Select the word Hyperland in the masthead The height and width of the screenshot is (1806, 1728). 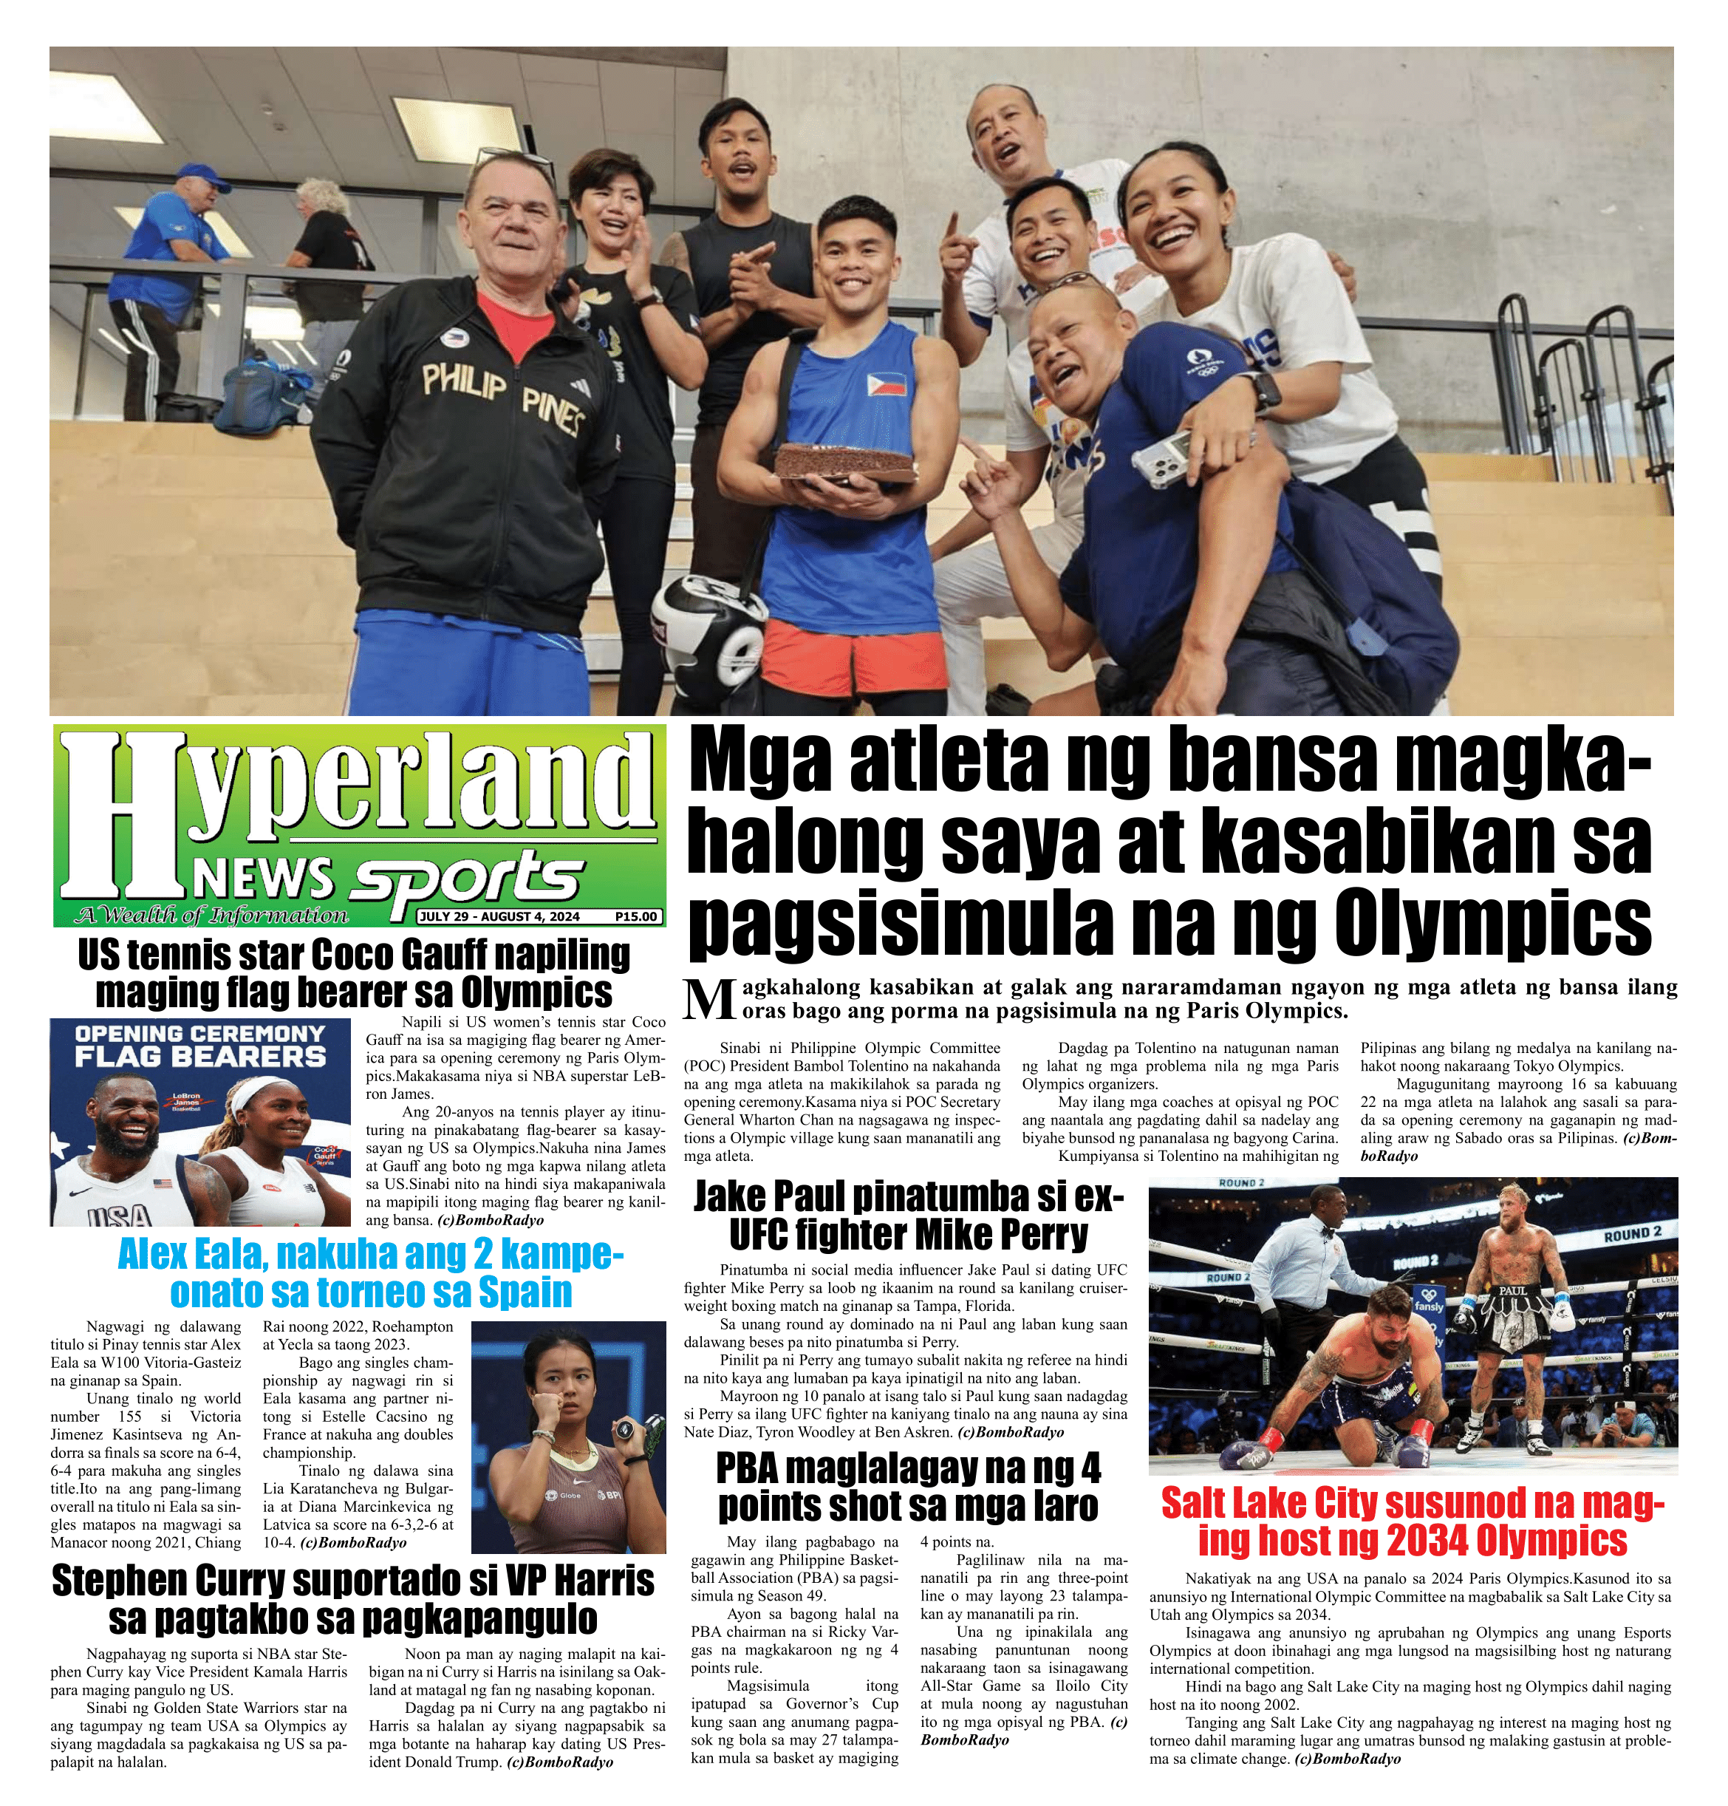[x=359, y=802]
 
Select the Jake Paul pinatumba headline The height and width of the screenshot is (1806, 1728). [x=908, y=1214]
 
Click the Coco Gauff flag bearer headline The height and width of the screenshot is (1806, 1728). [x=354, y=974]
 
